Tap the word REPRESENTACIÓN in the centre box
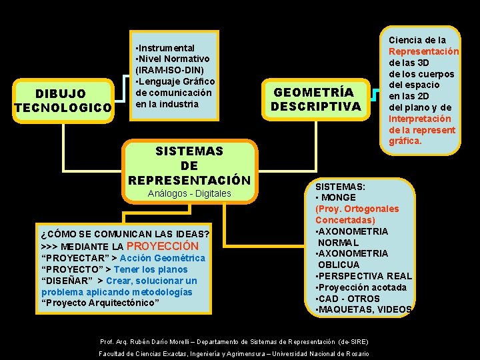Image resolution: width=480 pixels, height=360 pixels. pyautogui.click(x=189, y=180)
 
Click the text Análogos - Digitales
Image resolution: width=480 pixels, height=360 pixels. pyautogui.click(x=189, y=193)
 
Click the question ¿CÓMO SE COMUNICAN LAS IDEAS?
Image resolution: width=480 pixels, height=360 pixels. pyautogui.click(x=125, y=234)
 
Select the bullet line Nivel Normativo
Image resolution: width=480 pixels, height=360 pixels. pyautogui.click(x=174, y=59)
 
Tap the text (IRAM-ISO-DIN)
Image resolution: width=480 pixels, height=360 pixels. pyautogui.click(x=169, y=70)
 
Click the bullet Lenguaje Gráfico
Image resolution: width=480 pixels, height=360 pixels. pyautogui.click(x=175, y=81)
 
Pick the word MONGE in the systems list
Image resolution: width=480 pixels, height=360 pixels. pyautogui.click(x=340, y=197)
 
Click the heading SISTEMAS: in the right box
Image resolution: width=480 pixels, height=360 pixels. pyautogui.click(x=340, y=187)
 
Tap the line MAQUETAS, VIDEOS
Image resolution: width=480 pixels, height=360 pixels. pyautogui.click(x=365, y=309)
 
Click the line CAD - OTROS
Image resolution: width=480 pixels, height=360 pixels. pyautogui.click(x=349, y=298)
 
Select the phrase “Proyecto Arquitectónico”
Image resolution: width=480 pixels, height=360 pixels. pyautogui.click(x=100, y=303)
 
